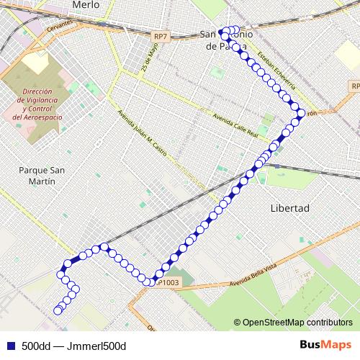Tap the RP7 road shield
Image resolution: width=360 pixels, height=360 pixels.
[161, 36]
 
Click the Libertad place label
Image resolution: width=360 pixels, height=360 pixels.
[289, 208]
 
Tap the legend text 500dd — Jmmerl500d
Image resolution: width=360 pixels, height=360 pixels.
[73, 346]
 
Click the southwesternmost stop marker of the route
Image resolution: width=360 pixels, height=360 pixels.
[57, 311]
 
